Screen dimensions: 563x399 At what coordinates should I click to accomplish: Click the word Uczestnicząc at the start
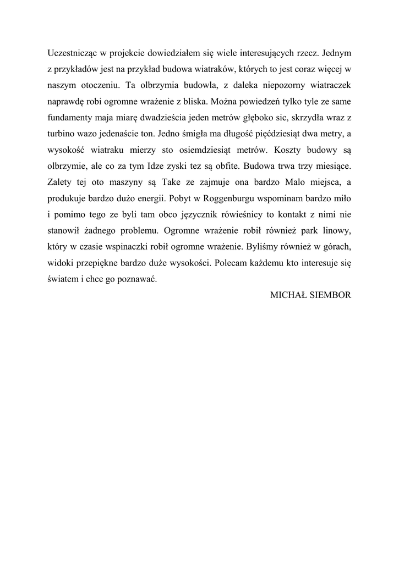(x=72, y=54)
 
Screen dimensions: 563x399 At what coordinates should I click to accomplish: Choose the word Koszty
(x=283, y=150)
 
